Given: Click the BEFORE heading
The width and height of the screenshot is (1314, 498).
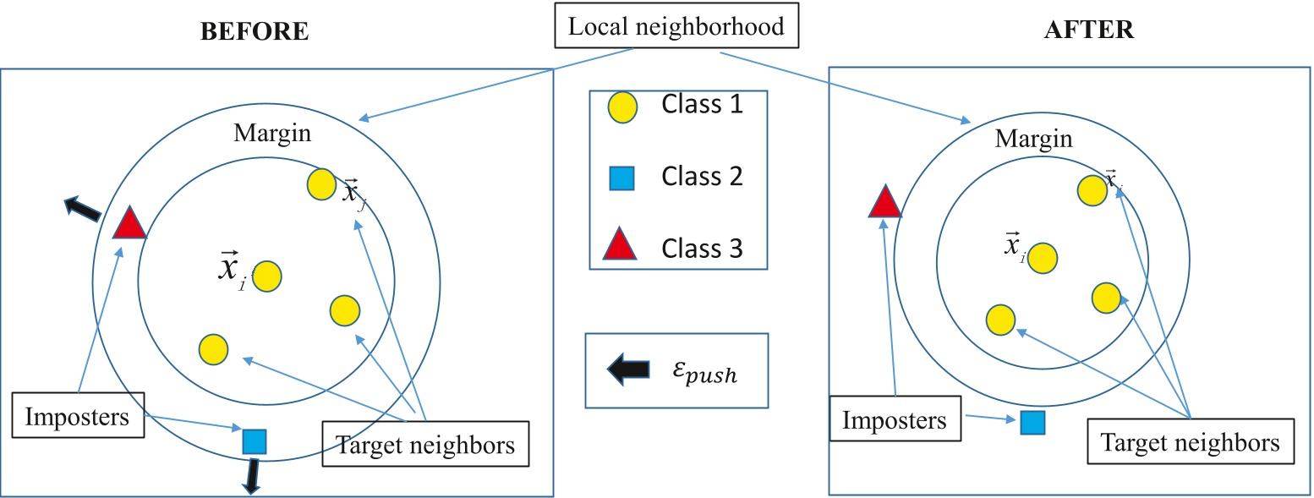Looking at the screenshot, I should [255, 32].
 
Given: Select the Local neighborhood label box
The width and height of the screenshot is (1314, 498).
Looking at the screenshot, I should [676, 27].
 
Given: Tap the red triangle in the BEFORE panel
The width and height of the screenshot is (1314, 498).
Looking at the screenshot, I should [130, 224].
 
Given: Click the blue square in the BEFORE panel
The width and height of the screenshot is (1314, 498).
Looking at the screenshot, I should [254, 441].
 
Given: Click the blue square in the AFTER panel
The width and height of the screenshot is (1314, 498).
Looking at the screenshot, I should [1031, 422].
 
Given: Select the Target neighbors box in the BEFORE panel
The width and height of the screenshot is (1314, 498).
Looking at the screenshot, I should [425, 444].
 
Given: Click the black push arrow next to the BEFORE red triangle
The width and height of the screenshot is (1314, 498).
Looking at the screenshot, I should [83, 206].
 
